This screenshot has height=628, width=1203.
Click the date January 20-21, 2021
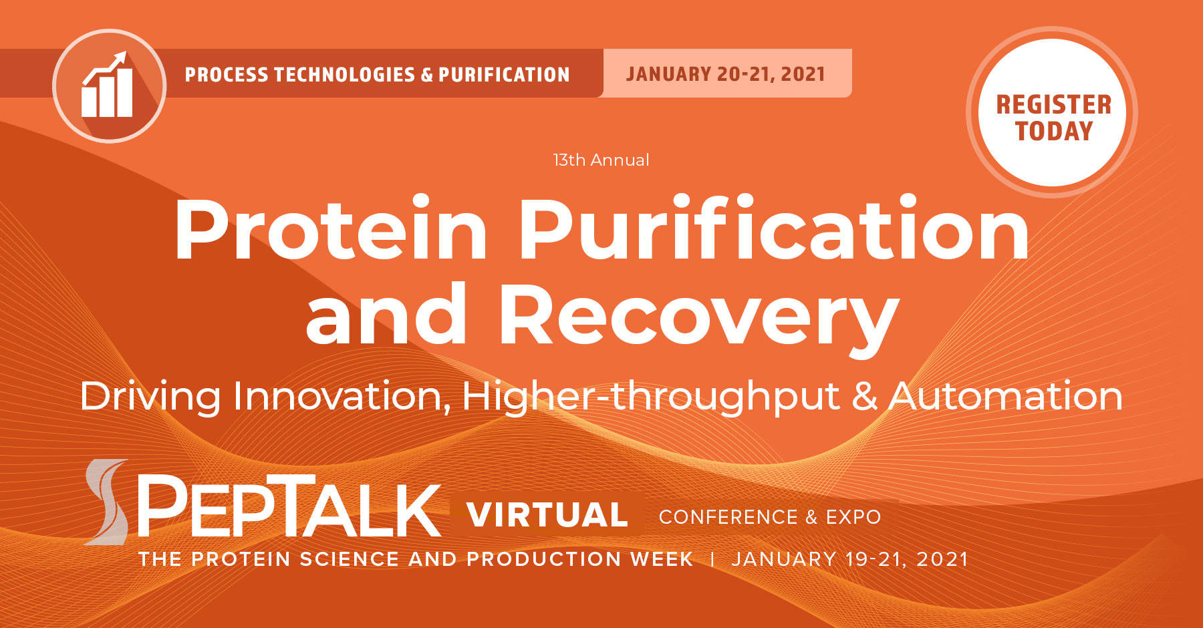(726, 73)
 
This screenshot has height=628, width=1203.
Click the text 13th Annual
(601, 160)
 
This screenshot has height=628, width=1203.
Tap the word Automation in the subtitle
(1005, 396)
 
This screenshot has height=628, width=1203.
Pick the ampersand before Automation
(864, 396)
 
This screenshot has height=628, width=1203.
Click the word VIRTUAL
(547, 515)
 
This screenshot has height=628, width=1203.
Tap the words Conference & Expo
(769, 517)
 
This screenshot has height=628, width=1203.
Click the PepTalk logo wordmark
(289, 506)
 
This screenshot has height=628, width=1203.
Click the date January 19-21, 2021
(849, 559)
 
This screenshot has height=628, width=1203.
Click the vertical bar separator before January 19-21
(712, 559)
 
